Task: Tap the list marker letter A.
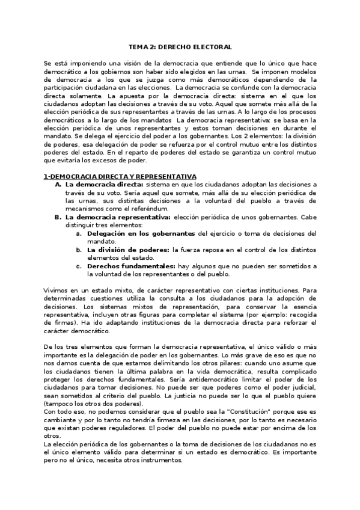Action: point(57,184)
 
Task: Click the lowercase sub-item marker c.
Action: point(79,266)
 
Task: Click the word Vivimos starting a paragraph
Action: point(57,290)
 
